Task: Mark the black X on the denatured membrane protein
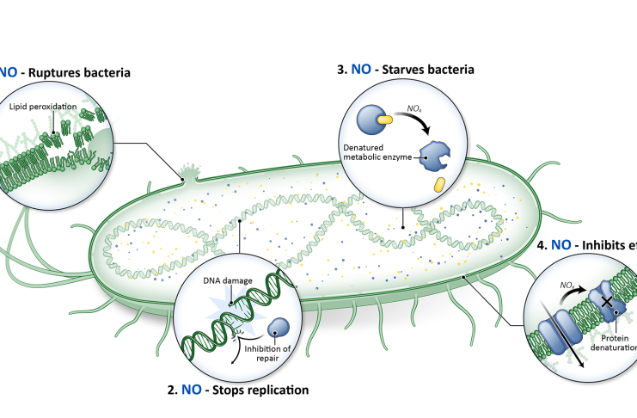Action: click(x=608, y=302)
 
